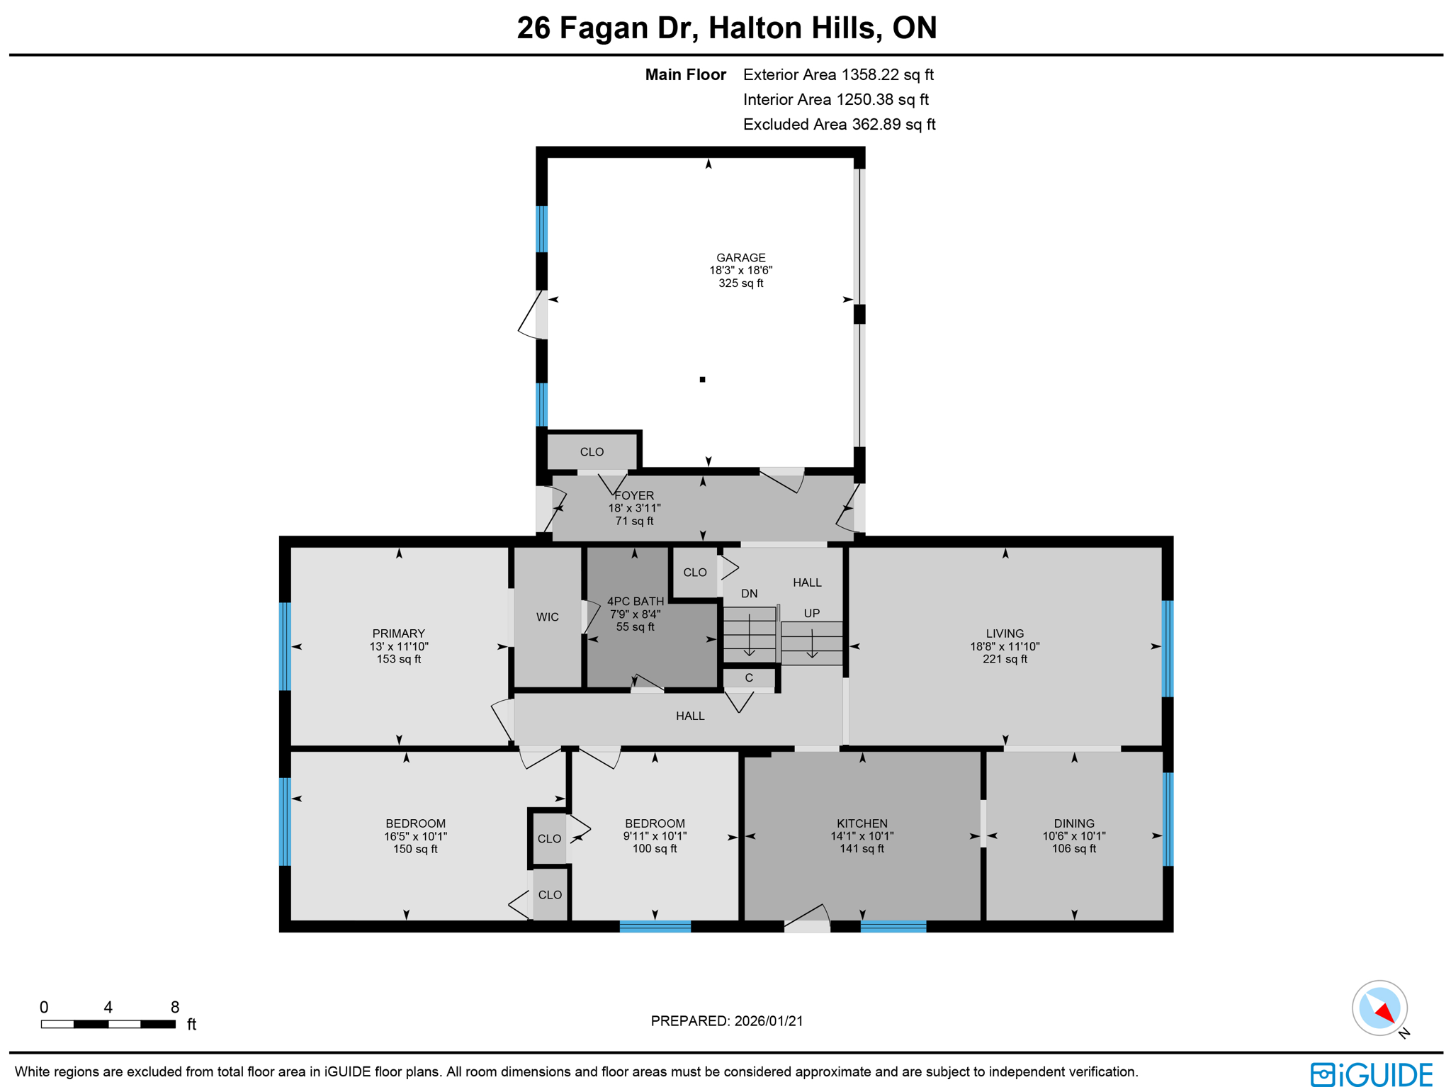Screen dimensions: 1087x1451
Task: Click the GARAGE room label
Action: coord(740,258)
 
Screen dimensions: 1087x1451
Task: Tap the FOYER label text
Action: coord(634,495)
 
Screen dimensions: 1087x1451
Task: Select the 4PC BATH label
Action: coord(636,602)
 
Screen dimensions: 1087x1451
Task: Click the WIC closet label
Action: coord(547,617)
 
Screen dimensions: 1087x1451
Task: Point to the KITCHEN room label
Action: coord(862,823)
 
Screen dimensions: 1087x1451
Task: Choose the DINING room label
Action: coord(1073,823)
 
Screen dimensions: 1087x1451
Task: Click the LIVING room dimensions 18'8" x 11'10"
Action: coord(1004,646)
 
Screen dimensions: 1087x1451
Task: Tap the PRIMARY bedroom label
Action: coord(398,633)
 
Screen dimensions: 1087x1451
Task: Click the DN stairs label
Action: coord(749,594)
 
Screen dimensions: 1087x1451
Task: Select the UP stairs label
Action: coord(811,613)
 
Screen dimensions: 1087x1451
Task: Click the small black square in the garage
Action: coord(702,380)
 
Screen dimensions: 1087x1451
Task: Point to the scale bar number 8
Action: coord(175,1007)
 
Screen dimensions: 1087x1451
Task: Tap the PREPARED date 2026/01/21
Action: coord(768,1021)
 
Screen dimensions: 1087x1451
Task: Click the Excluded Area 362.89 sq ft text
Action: coord(839,125)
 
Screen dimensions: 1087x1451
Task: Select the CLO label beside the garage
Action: coord(592,452)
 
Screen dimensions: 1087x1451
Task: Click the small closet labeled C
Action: coord(748,678)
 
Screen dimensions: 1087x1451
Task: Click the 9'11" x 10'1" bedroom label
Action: coord(654,836)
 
